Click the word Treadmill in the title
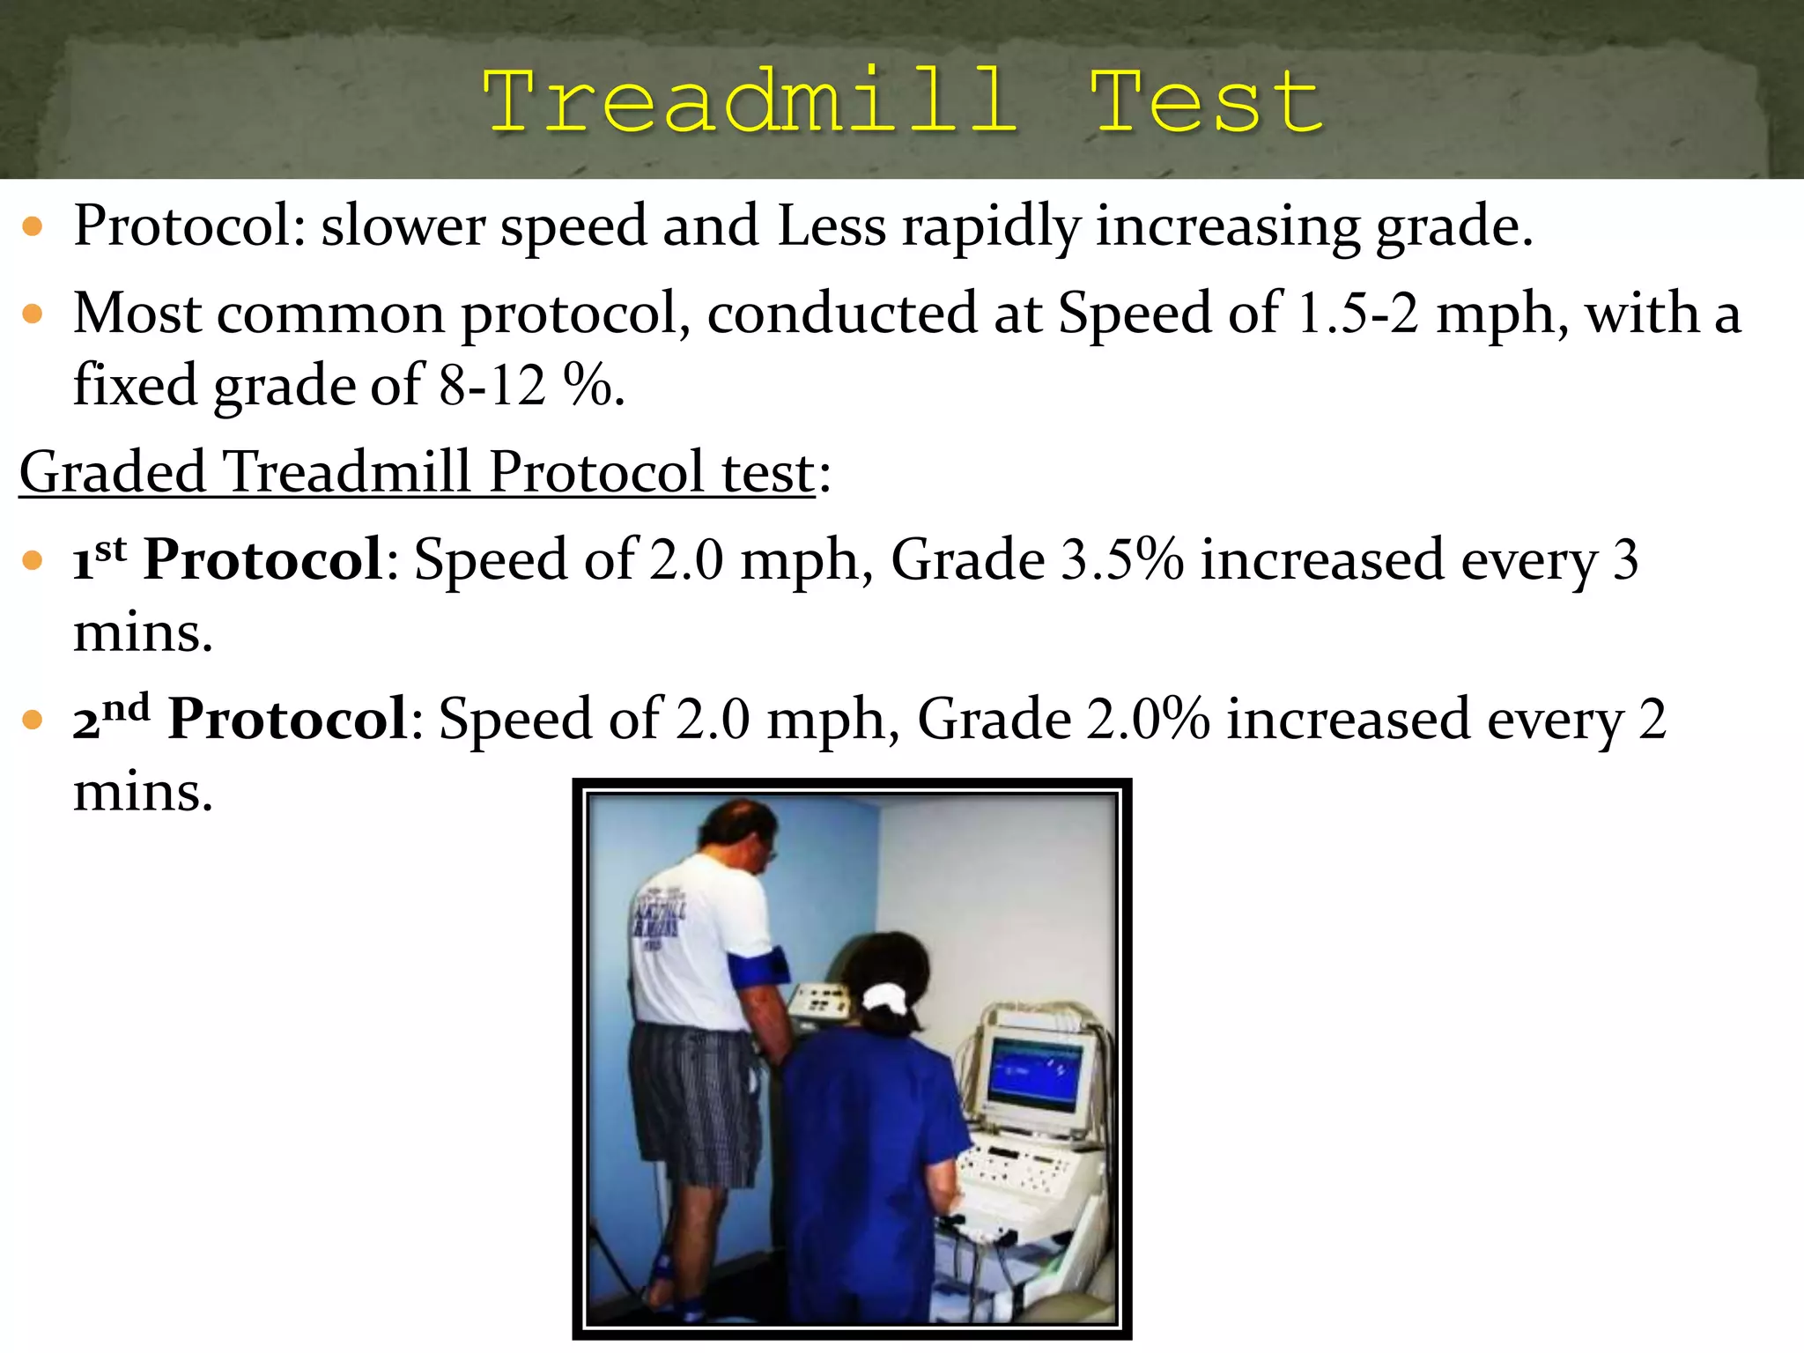point(750,102)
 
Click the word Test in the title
point(1207,102)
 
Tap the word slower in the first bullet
point(403,226)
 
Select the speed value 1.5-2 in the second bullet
point(1357,314)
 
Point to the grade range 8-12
point(491,386)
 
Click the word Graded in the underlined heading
point(112,472)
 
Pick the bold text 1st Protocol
point(227,560)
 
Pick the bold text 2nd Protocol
point(240,719)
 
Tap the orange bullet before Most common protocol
point(33,314)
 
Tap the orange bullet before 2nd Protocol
point(33,720)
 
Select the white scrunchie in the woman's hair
point(884,999)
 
